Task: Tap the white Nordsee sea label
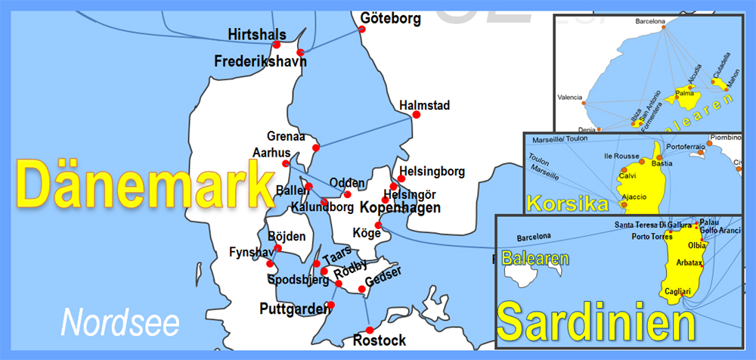tap(120, 321)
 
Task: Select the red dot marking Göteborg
tap(362, 29)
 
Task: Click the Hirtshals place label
tap(257, 34)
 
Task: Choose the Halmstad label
tap(424, 105)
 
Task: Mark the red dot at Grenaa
tap(316, 147)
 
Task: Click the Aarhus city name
tap(271, 152)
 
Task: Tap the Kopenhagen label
tap(400, 207)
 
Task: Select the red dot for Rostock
tap(370, 330)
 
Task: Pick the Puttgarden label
tap(295, 308)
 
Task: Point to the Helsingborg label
tap(432, 171)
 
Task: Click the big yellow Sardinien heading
tap(596, 322)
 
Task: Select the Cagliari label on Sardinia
tap(676, 290)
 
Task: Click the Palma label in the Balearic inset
tap(684, 94)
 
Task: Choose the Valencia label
tap(569, 98)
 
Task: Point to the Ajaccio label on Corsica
tap(634, 197)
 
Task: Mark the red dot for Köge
tap(379, 225)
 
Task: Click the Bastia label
tap(662, 163)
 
